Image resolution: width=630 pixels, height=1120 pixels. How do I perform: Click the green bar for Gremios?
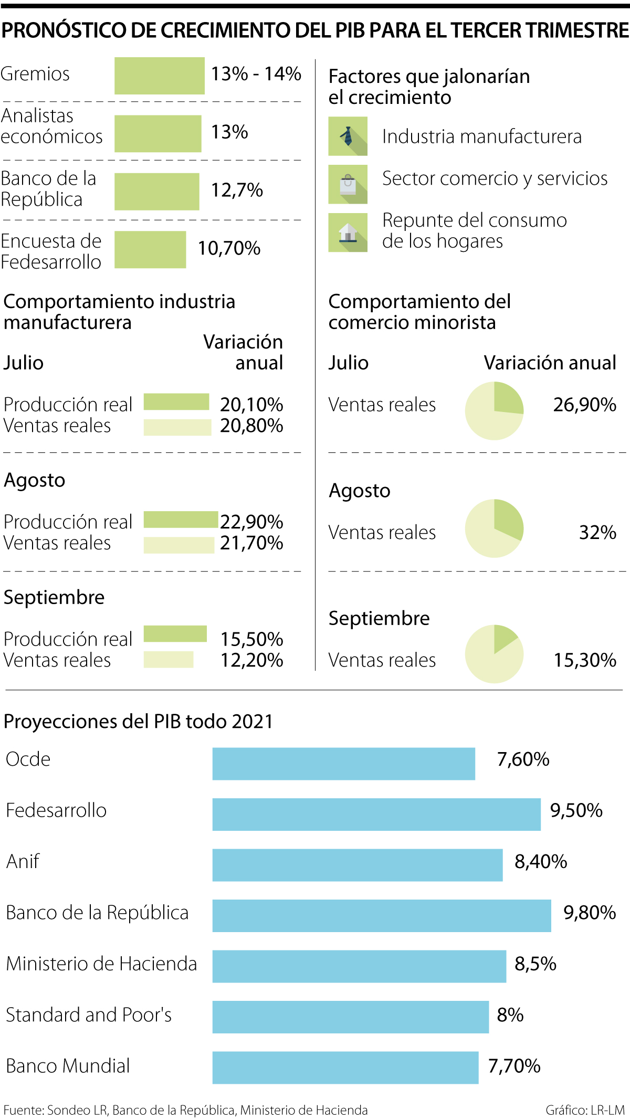tap(159, 76)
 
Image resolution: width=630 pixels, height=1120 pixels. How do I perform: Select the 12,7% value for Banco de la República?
tap(237, 190)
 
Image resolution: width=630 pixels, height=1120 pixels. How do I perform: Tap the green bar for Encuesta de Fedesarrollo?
tap(150, 249)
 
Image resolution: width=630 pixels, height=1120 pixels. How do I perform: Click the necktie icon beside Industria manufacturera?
tap(348, 136)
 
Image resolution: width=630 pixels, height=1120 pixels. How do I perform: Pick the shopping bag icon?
tap(348, 184)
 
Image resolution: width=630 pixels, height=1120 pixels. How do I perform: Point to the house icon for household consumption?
tap(348, 232)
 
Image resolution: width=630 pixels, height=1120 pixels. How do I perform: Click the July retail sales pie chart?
tap(494, 410)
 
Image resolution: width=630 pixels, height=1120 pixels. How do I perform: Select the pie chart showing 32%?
tap(494, 528)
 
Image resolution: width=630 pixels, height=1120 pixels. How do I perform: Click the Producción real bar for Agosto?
tap(181, 520)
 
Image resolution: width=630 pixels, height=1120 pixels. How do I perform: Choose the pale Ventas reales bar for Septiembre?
tap(169, 659)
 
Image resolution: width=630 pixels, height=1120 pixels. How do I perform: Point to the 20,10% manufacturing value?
tap(251, 405)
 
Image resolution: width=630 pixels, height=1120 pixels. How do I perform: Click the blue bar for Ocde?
tap(343, 764)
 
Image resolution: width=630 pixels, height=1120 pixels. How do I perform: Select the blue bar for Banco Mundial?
tap(345, 1068)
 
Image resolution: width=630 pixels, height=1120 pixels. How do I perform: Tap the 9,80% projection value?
tap(590, 913)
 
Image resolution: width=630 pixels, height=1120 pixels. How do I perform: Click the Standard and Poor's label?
tap(89, 1015)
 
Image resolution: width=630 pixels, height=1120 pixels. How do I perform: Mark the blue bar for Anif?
tap(357, 865)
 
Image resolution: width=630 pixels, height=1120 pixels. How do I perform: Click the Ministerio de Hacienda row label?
tap(101, 964)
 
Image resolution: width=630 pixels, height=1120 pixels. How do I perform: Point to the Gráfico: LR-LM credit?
tap(585, 1110)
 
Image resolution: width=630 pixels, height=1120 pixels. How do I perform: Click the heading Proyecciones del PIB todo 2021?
tap(138, 722)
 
